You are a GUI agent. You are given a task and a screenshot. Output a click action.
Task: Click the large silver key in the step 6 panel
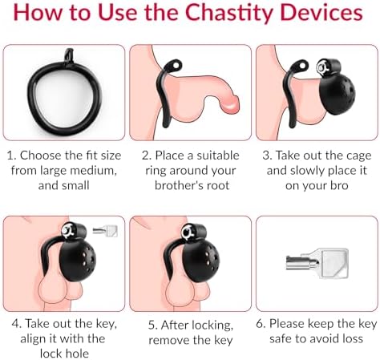click(x=317, y=263)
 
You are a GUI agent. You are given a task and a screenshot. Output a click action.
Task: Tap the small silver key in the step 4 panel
click(x=105, y=231)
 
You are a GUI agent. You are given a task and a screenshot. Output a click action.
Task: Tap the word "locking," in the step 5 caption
click(x=212, y=326)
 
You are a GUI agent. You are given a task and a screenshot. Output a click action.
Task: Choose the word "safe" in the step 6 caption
click(x=281, y=339)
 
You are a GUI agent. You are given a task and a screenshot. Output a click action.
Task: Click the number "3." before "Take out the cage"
click(x=268, y=156)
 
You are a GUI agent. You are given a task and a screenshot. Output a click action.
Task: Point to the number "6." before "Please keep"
click(x=261, y=324)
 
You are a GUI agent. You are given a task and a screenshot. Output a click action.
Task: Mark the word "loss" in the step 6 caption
click(x=351, y=339)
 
